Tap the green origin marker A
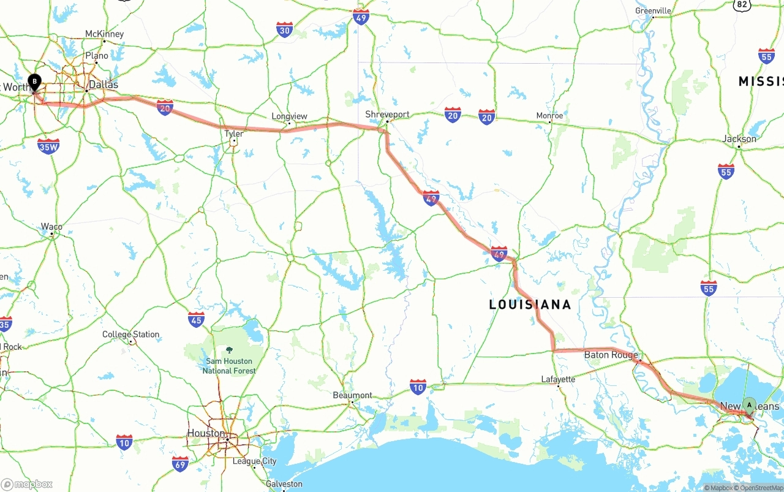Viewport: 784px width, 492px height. pyautogui.click(x=749, y=405)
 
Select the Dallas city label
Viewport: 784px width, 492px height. pyautogui.click(x=103, y=85)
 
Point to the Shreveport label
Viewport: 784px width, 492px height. pyautogui.click(x=387, y=114)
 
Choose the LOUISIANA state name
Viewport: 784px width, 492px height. pyautogui.click(x=530, y=305)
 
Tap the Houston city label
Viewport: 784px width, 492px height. pyautogui.click(x=206, y=433)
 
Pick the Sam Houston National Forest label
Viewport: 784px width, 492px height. pyautogui.click(x=229, y=366)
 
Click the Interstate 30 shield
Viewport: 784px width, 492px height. pyautogui.click(x=284, y=29)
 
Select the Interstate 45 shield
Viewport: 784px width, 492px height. pyautogui.click(x=197, y=319)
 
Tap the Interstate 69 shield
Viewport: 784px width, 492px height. pyautogui.click(x=180, y=464)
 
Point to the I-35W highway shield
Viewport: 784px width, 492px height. pyautogui.click(x=48, y=146)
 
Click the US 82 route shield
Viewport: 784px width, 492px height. pyautogui.click(x=742, y=4)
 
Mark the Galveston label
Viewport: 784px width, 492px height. pyautogui.click(x=284, y=484)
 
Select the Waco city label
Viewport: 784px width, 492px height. pyautogui.click(x=51, y=227)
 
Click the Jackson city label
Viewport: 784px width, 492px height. pyautogui.click(x=739, y=138)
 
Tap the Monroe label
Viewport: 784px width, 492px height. pyautogui.click(x=549, y=115)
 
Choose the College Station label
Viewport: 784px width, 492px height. pyautogui.click(x=130, y=335)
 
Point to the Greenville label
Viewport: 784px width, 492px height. pyautogui.click(x=653, y=11)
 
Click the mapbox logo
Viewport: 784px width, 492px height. pyautogui.click(x=27, y=484)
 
